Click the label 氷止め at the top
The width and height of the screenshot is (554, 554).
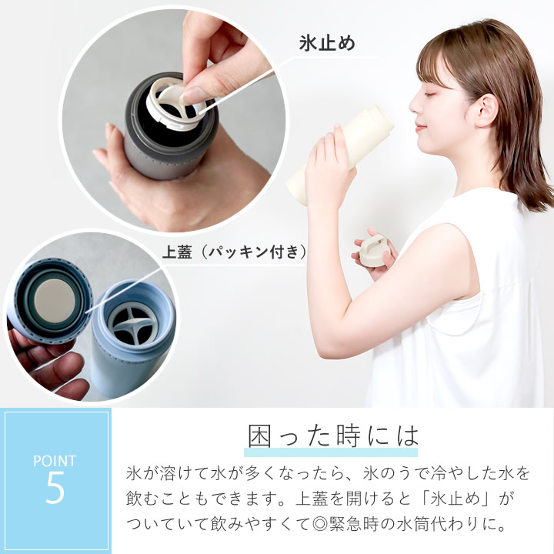tap(327, 43)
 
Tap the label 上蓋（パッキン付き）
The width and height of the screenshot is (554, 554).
tap(234, 252)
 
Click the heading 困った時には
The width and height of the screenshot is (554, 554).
tap(333, 436)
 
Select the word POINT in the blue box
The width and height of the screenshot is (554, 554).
tap(55, 461)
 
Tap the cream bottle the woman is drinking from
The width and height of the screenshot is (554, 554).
tap(341, 155)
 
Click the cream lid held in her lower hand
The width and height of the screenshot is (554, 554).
tap(375, 252)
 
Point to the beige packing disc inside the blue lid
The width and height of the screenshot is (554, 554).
tap(55, 300)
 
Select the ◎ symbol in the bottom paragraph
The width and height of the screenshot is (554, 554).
tap(320, 524)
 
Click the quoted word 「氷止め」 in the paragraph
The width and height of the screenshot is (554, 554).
tap(456, 498)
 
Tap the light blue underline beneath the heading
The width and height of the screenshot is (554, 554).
tap(331, 452)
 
